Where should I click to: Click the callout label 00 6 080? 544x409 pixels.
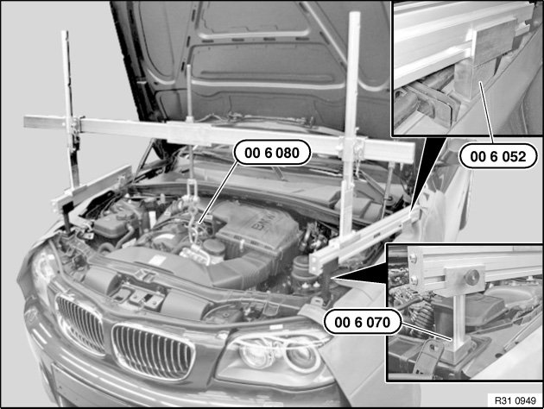tap(272, 153)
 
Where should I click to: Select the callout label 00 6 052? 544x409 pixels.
tap(498, 156)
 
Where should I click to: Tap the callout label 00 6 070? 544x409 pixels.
tap(362, 323)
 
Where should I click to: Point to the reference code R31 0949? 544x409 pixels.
tap(516, 400)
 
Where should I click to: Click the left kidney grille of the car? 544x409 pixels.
tap(79, 323)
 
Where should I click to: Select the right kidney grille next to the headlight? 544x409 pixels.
tap(152, 352)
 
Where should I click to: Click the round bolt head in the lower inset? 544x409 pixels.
tap(472, 277)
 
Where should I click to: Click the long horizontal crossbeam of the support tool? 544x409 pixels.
tap(219, 135)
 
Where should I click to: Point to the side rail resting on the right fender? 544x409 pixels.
tap(364, 239)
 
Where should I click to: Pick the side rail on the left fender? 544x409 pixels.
tap(92, 189)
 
